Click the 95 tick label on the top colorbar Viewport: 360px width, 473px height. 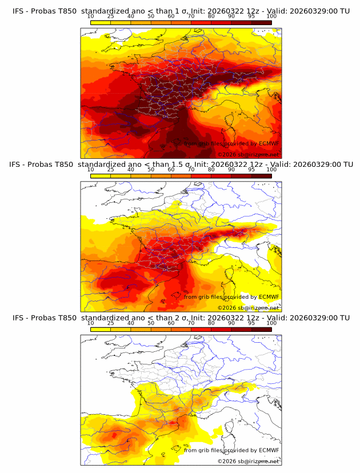(x=251, y=16)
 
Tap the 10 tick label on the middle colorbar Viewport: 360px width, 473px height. (x=90, y=170)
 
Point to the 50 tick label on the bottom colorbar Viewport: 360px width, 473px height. (x=151, y=323)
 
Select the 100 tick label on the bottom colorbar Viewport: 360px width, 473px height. (x=271, y=323)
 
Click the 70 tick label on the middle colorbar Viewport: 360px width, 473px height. (x=191, y=170)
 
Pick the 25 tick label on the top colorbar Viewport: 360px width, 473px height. (x=110, y=16)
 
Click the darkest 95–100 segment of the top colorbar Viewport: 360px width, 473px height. (x=261, y=22)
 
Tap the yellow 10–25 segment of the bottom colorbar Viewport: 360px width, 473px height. (x=100, y=329)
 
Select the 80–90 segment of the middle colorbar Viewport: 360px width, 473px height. (x=221, y=176)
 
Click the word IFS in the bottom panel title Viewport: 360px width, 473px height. (x=19, y=318)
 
